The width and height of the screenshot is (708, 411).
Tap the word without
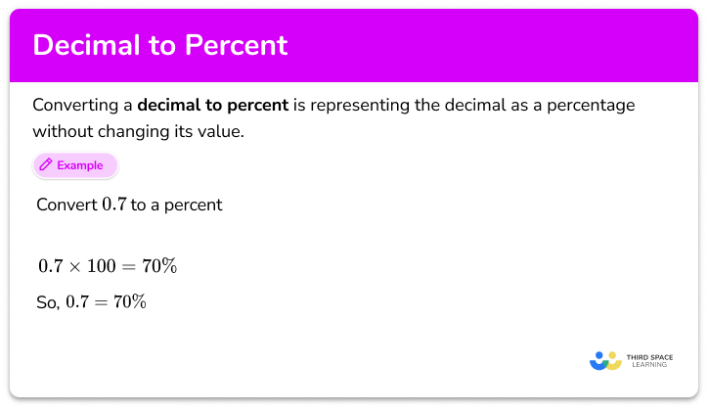click(x=65, y=129)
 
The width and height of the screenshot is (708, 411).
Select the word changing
click(x=137, y=129)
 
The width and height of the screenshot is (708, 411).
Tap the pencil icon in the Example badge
click(x=45, y=165)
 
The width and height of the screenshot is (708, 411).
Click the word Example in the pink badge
click(x=80, y=165)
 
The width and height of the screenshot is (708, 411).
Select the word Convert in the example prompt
click(x=66, y=205)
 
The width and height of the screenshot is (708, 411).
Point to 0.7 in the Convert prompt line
click(x=114, y=205)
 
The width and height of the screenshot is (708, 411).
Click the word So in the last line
click(x=47, y=302)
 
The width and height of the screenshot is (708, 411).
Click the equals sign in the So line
click(x=100, y=302)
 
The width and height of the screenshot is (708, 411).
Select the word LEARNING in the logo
click(x=649, y=366)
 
